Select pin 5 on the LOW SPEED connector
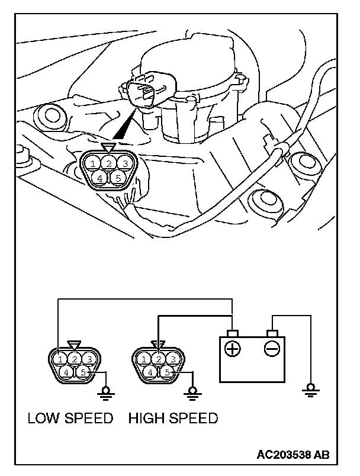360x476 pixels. coord(83,372)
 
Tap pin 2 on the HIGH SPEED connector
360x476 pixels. coord(159,359)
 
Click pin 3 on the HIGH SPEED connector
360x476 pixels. coord(172,359)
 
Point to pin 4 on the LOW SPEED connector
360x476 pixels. coord(67,372)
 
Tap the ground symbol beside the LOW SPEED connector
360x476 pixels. coord(107,391)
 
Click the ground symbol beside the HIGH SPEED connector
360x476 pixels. coord(191,391)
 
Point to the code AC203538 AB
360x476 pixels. coord(293,455)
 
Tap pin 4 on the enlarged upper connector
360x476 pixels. coord(101,177)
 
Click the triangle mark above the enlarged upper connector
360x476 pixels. coord(108,148)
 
